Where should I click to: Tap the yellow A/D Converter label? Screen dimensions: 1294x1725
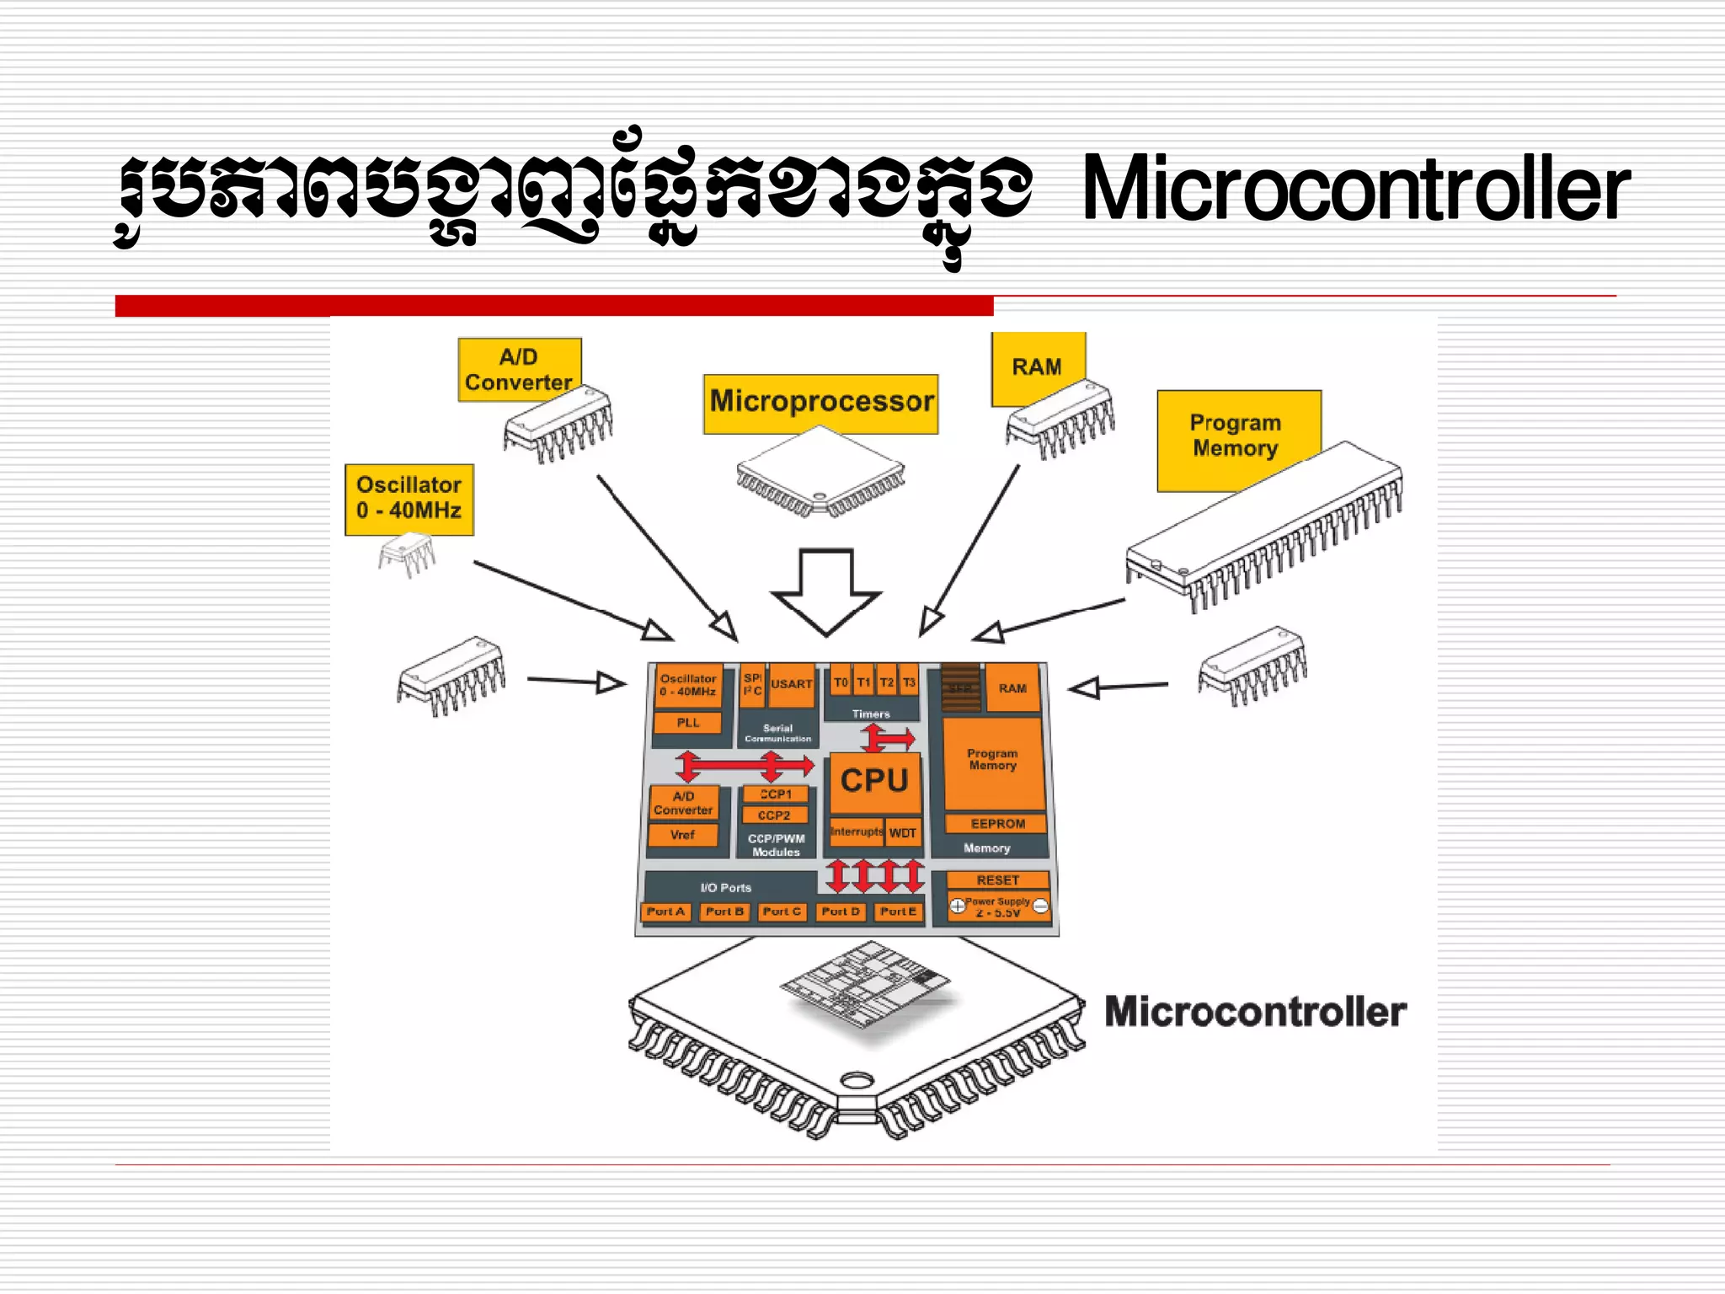pyautogui.click(x=518, y=369)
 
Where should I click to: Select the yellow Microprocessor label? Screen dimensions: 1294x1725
pyautogui.click(x=820, y=403)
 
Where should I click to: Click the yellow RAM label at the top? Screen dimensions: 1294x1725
pyautogui.click(x=1037, y=367)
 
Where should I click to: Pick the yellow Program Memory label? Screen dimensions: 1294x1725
pyautogui.click(x=1236, y=436)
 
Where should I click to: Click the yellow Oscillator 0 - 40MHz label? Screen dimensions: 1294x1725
pyautogui.click(x=409, y=498)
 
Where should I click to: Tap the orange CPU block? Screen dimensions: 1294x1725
pyautogui.click(x=874, y=781)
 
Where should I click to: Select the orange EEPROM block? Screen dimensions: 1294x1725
pyautogui.click(x=997, y=823)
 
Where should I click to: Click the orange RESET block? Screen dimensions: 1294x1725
pyautogui.click(x=997, y=880)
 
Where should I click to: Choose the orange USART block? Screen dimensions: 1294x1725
pyautogui.click(x=792, y=685)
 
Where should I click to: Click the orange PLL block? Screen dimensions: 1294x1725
pyautogui.click(x=687, y=723)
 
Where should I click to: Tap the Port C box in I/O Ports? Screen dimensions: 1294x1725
pyautogui.click(x=782, y=912)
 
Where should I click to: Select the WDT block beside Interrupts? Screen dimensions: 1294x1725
pyautogui.click(x=903, y=832)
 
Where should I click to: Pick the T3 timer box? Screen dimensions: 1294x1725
pyautogui.click(x=909, y=682)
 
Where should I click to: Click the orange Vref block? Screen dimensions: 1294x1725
pyautogui.click(x=682, y=835)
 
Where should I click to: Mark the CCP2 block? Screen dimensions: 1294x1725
pyautogui.click(x=774, y=815)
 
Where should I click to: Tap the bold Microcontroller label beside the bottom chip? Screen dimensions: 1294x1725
pyautogui.click(x=1255, y=1012)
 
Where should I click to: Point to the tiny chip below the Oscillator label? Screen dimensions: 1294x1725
pyautogui.click(x=407, y=553)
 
